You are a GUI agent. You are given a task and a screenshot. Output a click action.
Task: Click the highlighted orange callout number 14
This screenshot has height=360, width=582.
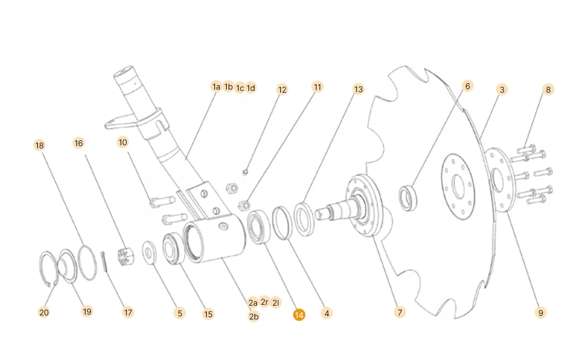pos(299,315)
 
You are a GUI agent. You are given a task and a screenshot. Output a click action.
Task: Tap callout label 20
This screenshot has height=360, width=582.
pos(44,312)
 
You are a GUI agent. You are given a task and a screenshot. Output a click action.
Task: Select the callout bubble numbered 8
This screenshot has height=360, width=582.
pos(548,90)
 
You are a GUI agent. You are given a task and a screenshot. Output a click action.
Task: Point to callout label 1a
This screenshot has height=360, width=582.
pos(216,86)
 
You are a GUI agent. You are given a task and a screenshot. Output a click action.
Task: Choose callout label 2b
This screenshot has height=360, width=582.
pos(254,316)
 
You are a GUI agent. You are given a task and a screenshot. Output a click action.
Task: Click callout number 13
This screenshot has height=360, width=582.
pos(358,89)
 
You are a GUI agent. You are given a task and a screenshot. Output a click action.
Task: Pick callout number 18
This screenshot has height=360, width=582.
pos(40,145)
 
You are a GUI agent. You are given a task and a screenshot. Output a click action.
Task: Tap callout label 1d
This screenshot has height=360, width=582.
pos(251,88)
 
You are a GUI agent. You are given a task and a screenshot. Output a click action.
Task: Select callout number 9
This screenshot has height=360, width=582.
pos(541,313)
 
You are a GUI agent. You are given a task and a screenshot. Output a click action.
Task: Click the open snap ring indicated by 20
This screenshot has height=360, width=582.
pos(46,267)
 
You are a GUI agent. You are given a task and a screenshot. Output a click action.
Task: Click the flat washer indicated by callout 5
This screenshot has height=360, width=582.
pos(149,253)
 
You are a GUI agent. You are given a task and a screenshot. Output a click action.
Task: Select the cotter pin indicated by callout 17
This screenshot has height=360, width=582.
pos(105,262)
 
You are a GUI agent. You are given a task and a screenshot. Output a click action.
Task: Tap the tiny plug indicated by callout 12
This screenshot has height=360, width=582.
pos(244,171)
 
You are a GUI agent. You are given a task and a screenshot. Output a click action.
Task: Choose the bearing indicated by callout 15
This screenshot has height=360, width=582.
pos(172,249)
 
